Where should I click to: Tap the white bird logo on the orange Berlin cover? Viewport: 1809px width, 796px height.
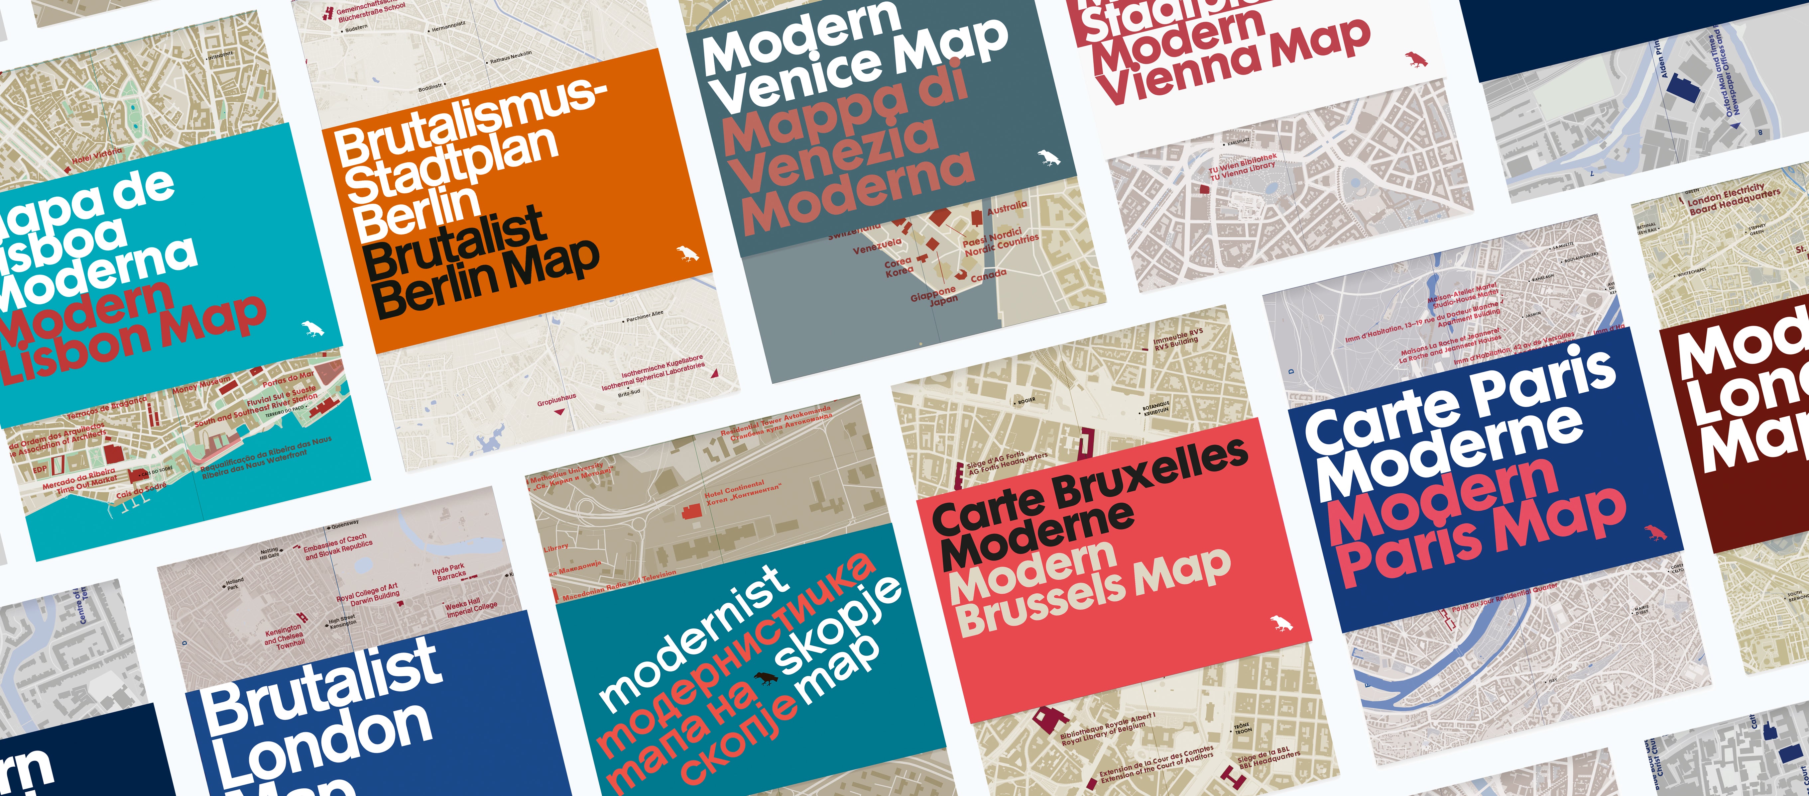coord(687,254)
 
